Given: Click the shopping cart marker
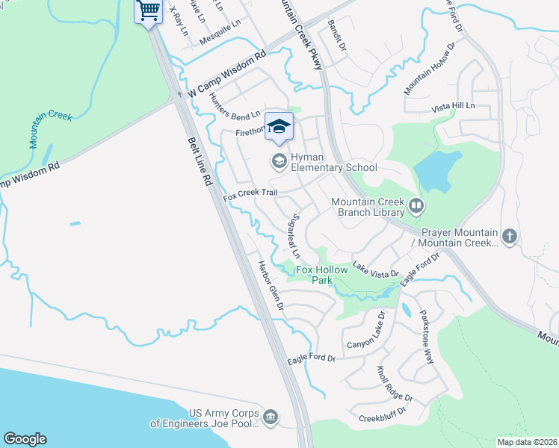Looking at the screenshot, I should tap(148, 11).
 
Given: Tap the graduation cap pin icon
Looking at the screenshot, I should tap(279, 128).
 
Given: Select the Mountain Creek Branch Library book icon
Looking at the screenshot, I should tap(416, 204).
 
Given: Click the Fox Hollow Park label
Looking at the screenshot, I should tap(324, 275).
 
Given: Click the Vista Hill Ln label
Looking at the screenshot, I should tap(454, 108).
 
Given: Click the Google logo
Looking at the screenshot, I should tap(25, 438).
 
